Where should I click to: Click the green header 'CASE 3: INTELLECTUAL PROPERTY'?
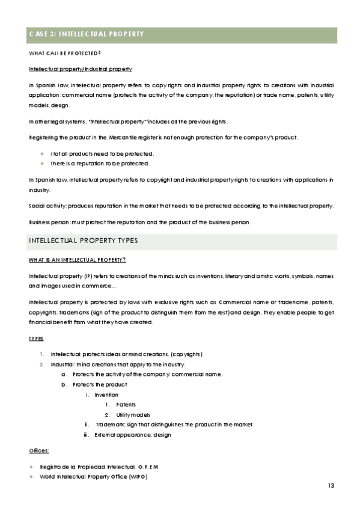(x=87, y=34)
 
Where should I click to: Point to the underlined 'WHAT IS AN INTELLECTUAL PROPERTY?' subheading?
(x=77, y=260)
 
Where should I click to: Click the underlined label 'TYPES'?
(x=36, y=339)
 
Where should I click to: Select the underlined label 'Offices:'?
(x=39, y=450)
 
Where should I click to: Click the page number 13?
(x=331, y=485)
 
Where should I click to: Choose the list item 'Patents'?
(x=126, y=405)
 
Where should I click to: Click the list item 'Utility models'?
(x=133, y=415)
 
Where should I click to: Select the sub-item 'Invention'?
(x=106, y=395)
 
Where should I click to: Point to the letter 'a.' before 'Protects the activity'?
(x=64, y=375)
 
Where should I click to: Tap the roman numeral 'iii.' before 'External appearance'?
(x=87, y=434)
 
